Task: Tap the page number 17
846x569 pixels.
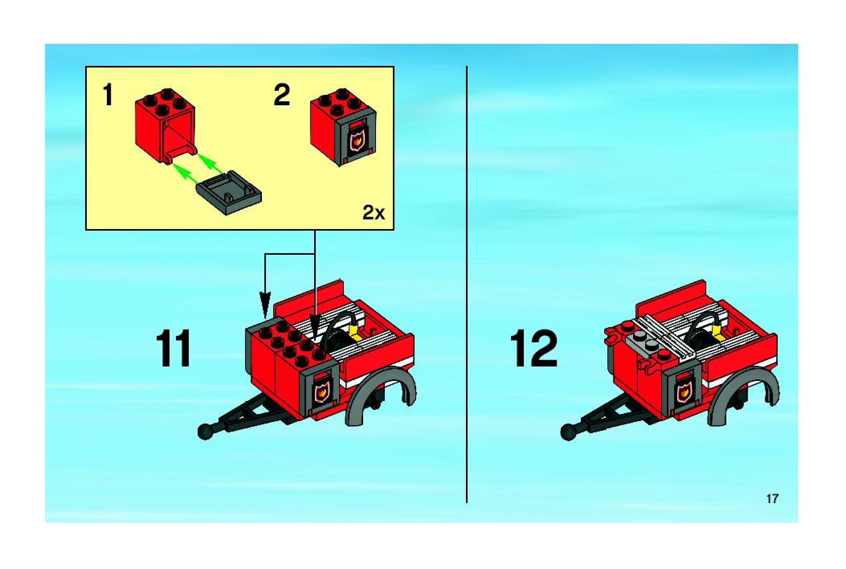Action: click(x=772, y=499)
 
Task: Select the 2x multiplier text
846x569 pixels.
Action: click(x=373, y=213)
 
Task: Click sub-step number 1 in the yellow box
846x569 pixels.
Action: click(x=108, y=94)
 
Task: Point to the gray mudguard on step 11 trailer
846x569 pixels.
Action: click(x=381, y=380)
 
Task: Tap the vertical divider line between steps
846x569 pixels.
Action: click(x=466, y=284)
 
